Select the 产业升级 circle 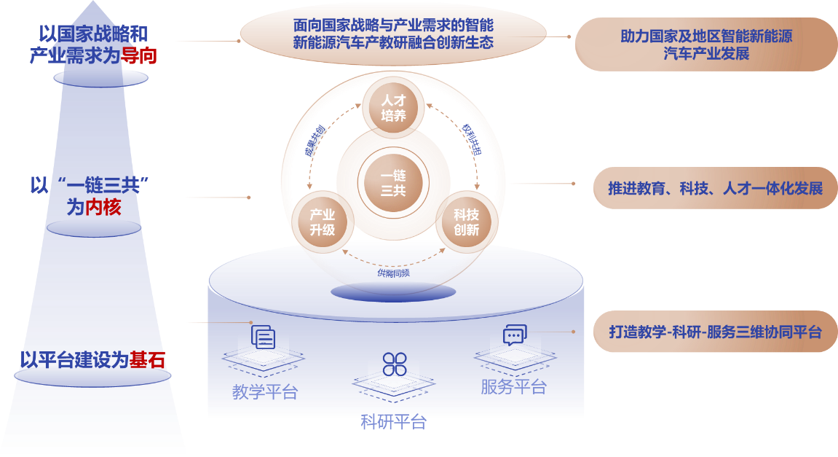coord(322,222)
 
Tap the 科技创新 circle coord(466,222)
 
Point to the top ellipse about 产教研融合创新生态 coord(393,34)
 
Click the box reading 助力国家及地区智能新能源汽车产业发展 coord(706,44)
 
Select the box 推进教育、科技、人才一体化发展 coord(715,189)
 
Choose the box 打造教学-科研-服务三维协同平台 coord(715,332)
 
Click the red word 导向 coord(138,55)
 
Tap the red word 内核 coord(103,208)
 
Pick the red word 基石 coord(147,360)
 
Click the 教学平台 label coord(265,392)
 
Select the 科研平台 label coord(393,422)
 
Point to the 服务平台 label coord(513,386)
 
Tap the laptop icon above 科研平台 coord(394,373)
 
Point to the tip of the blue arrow coord(93,4)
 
